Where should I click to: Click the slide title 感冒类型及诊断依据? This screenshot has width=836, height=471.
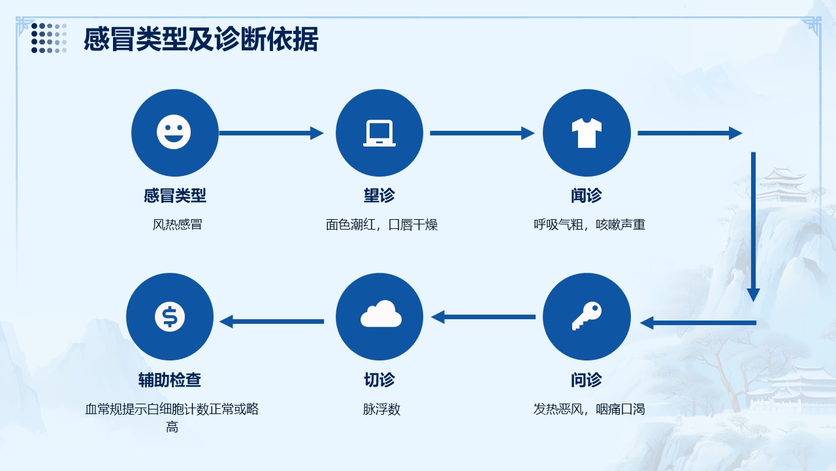[x=201, y=39]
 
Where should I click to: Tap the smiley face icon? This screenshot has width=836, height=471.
[x=174, y=132]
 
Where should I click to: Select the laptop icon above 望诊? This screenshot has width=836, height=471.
[x=379, y=133]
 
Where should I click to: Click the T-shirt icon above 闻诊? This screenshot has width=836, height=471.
[x=587, y=133]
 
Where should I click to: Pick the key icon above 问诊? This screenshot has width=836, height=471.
[x=587, y=317]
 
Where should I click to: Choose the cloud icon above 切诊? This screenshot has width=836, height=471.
[x=380, y=315]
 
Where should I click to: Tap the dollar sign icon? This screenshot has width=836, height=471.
[x=170, y=317]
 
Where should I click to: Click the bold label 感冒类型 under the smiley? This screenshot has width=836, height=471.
[x=175, y=196]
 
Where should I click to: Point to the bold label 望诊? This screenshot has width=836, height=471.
[x=379, y=196]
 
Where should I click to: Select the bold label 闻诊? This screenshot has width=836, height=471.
[x=586, y=196]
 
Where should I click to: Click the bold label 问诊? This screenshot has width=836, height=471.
[x=586, y=380]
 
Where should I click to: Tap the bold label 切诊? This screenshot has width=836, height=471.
[x=379, y=380]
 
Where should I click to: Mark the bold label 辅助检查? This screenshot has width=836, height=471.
[x=170, y=380]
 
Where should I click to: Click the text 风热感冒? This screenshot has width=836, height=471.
[x=178, y=225]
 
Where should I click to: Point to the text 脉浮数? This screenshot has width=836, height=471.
[x=381, y=410]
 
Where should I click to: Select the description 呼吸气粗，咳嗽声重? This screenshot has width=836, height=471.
[x=589, y=225]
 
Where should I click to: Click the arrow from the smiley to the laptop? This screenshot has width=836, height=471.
[x=271, y=133]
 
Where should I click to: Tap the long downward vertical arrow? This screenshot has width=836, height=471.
[x=753, y=226]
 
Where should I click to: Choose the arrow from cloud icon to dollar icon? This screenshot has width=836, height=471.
[x=272, y=321]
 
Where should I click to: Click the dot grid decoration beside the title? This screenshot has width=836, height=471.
[x=49, y=38]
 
